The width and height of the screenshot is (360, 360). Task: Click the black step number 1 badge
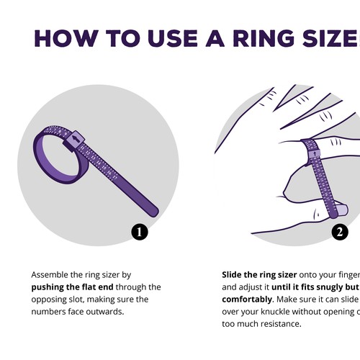pyautogui.click(x=140, y=231)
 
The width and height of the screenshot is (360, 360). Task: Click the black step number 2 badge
pyautogui.click(x=340, y=231)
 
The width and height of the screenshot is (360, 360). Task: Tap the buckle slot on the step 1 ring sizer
pyautogui.click(x=76, y=138)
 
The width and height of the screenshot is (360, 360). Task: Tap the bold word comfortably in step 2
pyautogui.click(x=246, y=299)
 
